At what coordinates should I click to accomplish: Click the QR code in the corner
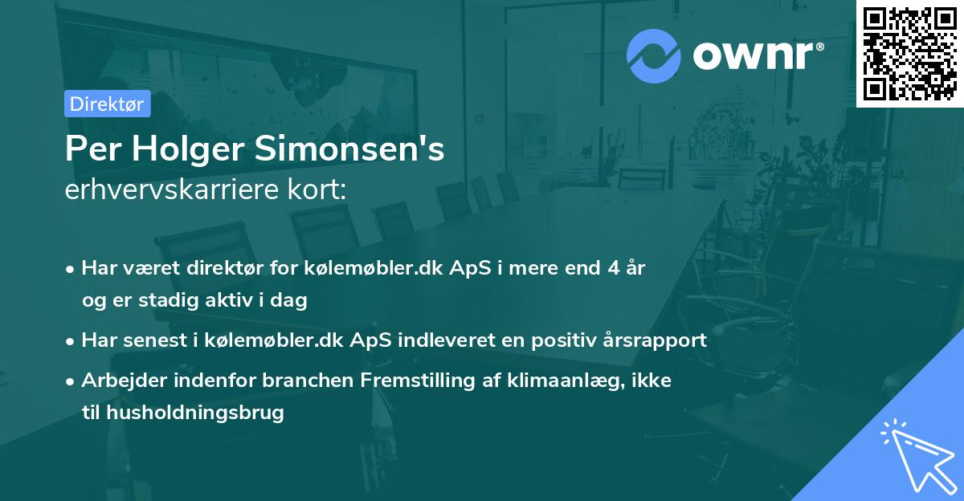[909, 54]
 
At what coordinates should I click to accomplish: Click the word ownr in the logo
[752, 55]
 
